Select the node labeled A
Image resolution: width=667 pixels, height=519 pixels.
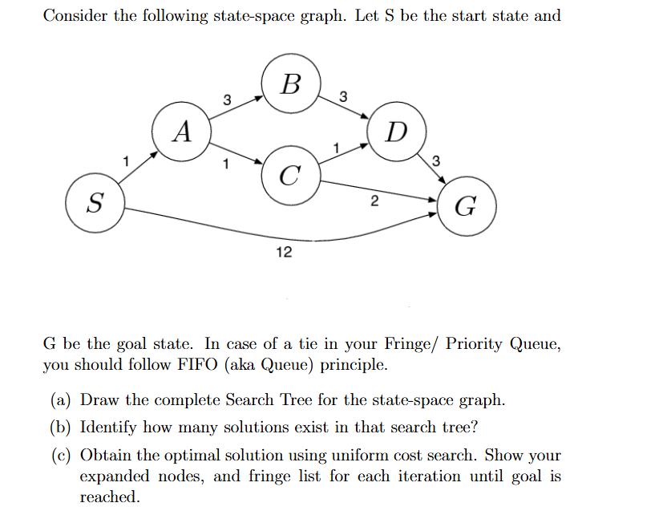[183, 131]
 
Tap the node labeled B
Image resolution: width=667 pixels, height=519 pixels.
[293, 83]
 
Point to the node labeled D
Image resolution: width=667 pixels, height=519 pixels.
[396, 131]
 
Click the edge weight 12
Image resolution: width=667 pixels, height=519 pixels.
[284, 253]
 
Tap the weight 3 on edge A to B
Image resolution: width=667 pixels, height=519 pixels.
[227, 100]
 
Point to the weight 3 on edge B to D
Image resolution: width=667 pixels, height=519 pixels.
[343, 97]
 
